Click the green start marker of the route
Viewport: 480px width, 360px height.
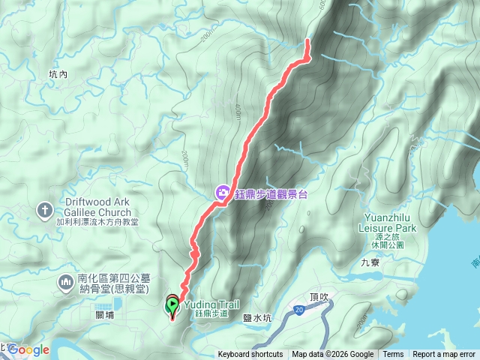pyautogui.click(x=172, y=305)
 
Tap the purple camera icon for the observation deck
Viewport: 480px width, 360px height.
pyautogui.click(x=222, y=193)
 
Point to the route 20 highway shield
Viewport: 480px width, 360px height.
pyautogui.click(x=299, y=309)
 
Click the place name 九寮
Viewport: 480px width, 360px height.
pyautogui.click(x=370, y=262)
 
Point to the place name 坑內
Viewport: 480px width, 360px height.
pyautogui.click(x=58, y=74)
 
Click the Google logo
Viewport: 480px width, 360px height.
pyautogui.click(x=29, y=349)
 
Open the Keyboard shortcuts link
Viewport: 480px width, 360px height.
pyautogui.click(x=250, y=355)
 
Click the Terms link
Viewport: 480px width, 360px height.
pyautogui.click(x=393, y=355)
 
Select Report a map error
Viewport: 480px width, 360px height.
pyautogui.click(x=444, y=355)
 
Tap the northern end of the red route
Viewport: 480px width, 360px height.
pyautogui.click(x=307, y=40)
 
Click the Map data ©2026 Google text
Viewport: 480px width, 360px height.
pyautogui.click(x=333, y=355)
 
